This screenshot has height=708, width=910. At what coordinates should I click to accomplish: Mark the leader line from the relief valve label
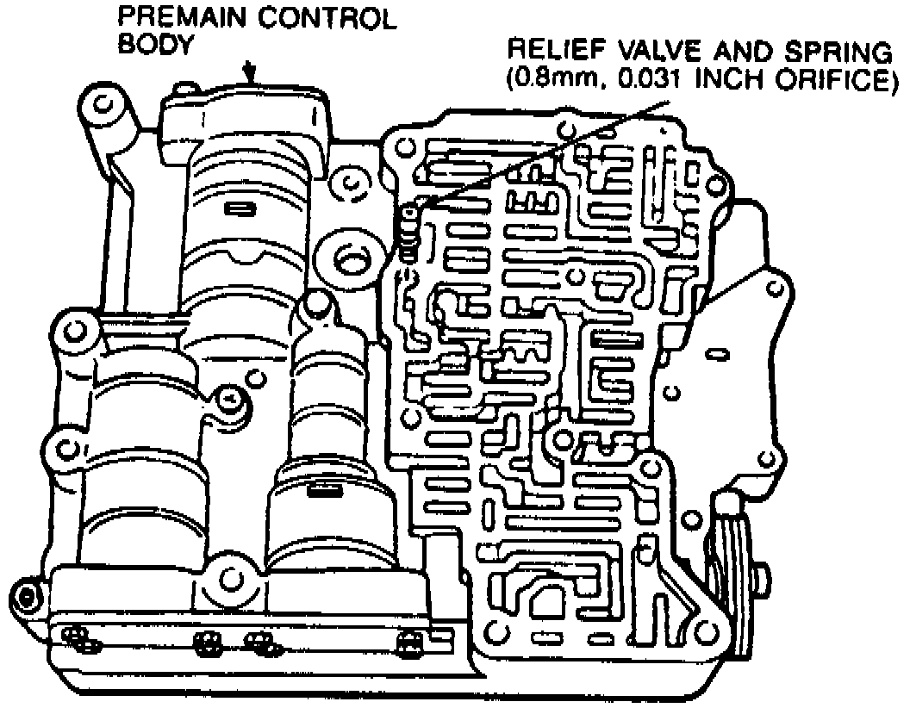tap(543, 152)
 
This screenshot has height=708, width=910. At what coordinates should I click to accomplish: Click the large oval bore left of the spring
tap(350, 258)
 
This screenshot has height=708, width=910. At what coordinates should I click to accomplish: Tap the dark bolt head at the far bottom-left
tap(25, 594)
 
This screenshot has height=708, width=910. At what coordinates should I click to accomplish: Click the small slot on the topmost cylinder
tap(236, 208)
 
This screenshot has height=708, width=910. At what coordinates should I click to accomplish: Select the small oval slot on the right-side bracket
tap(714, 353)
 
